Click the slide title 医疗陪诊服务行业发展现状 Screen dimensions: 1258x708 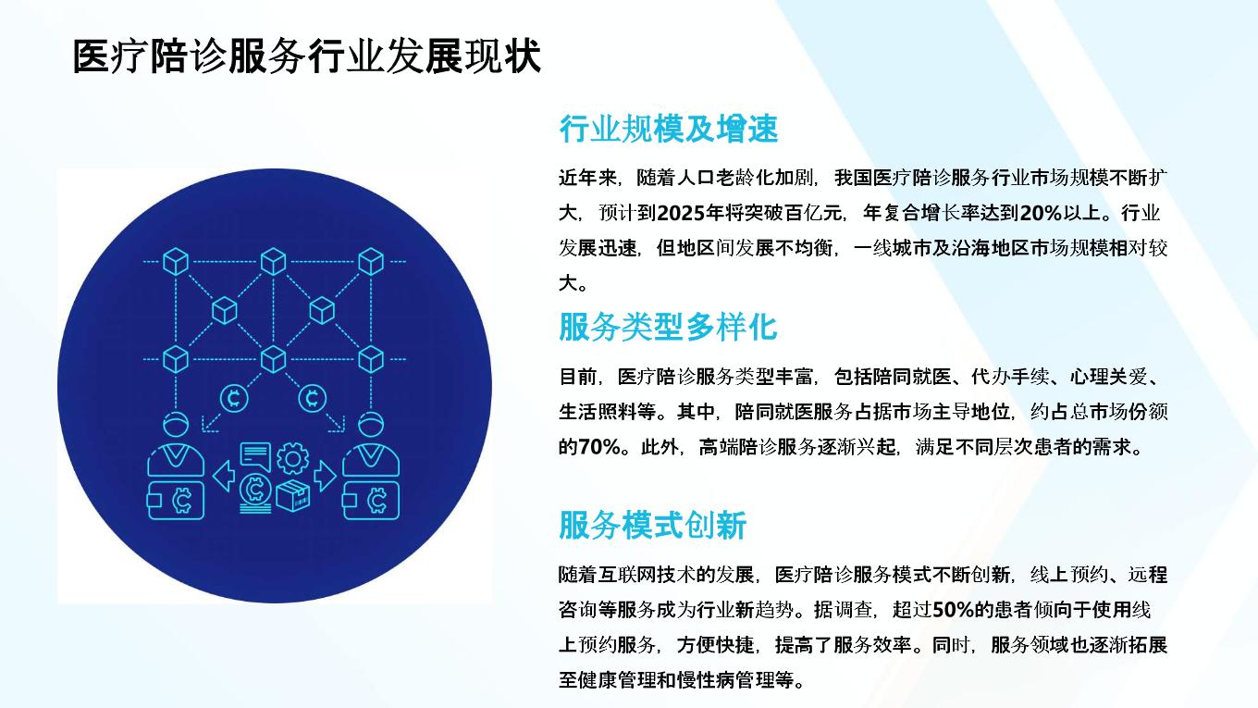pos(307,56)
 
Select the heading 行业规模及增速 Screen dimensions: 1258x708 pos(668,129)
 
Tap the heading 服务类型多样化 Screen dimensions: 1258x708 pos(668,327)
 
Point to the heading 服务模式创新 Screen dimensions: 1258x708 pos(653,526)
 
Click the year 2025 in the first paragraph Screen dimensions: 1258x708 pos(681,213)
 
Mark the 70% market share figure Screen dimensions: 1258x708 pos(599,447)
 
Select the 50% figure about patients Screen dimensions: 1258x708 pos(953,610)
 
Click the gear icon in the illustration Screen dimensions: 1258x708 pos(292,458)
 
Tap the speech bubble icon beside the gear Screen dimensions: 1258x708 pos(255,456)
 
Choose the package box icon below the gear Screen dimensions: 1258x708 pos(292,495)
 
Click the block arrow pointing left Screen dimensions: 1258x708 pos(224,476)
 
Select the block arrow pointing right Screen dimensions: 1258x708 pos(326,476)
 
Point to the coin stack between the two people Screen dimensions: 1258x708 pos(255,494)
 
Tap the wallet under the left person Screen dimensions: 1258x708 pos(175,500)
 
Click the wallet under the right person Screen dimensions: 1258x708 pos(371,500)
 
